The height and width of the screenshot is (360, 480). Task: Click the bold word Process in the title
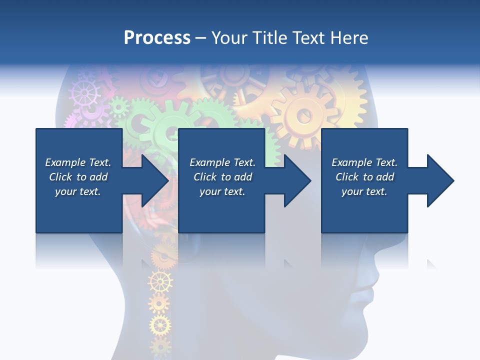pos(157,38)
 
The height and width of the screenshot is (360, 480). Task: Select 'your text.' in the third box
pos(364,191)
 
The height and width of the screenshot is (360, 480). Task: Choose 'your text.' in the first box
pos(78,191)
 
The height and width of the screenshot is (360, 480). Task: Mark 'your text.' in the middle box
pos(222,191)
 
